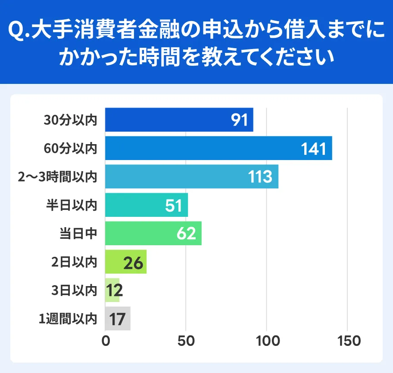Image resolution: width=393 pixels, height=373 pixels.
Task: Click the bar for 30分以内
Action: coord(179,120)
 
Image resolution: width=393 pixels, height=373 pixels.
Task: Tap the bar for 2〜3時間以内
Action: coord(192,177)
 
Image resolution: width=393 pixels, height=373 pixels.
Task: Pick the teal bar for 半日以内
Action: coord(147,205)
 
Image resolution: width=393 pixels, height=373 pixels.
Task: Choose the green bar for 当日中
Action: coord(153,234)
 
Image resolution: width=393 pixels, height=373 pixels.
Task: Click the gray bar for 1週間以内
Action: coord(118,319)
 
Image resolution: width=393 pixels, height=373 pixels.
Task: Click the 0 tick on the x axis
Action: coord(106,341)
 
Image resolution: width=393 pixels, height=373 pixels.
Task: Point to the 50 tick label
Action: coord(186,341)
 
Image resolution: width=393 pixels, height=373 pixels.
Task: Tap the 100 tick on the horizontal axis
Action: coord(267,341)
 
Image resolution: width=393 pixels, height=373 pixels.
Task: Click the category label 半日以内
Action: coord(71,205)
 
